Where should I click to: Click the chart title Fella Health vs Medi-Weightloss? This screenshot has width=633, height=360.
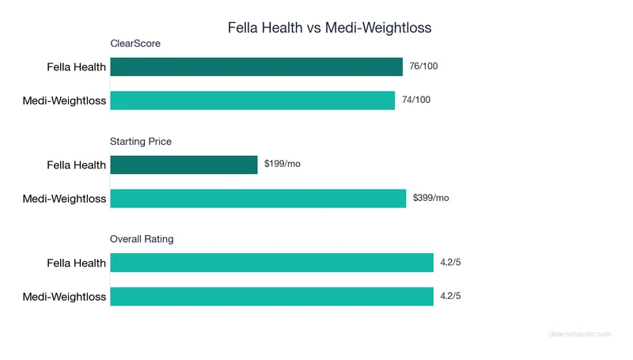[329, 28]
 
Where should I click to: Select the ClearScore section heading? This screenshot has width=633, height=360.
[135, 44]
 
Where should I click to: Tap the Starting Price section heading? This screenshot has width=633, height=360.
[141, 142]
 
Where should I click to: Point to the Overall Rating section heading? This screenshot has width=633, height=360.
[142, 239]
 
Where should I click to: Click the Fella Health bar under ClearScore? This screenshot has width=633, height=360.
[256, 66]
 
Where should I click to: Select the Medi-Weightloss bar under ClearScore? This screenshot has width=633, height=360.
[252, 100]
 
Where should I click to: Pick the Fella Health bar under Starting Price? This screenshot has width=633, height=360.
[184, 165]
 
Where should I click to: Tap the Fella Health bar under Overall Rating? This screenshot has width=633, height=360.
[271, 263]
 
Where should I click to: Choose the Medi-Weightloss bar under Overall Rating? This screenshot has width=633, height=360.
[271, 297]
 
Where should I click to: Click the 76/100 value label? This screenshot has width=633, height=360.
[423, 66]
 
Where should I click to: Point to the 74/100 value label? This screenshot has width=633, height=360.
[416, 100]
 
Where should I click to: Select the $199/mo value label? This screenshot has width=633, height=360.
[282, 165]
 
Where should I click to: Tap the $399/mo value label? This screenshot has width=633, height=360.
[431, 199]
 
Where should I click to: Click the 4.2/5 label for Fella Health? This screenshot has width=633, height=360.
[450, 263]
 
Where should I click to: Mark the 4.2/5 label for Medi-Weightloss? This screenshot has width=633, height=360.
[450, 297]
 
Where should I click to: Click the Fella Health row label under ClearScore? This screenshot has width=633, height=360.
[76, 67]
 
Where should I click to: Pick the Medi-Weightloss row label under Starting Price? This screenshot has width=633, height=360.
[64, 199]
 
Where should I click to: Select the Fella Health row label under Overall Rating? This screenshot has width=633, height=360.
[76, 263]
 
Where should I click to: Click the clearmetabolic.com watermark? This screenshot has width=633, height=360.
[579, 335]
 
